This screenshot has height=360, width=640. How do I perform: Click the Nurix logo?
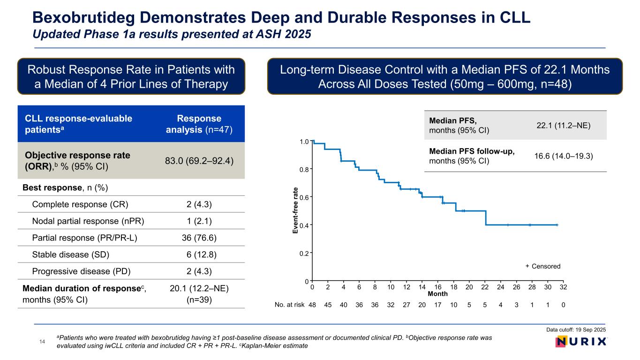(580, 342)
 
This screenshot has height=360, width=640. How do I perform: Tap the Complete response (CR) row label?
(80, 204)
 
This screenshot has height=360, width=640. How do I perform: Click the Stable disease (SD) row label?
(72, 255)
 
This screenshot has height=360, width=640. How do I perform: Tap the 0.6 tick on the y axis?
(303, 197)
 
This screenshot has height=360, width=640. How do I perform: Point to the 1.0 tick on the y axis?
(303, 142)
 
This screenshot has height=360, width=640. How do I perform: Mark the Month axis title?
(438, 294)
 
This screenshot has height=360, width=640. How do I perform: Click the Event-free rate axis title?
(295, 210)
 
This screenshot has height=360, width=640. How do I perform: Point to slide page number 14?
(41, 342)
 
